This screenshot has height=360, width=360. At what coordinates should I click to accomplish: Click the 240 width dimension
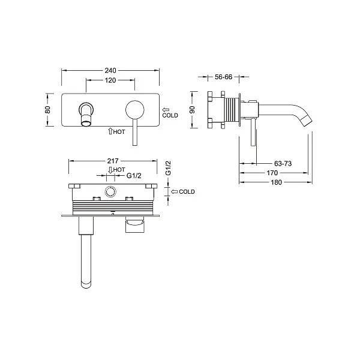[x=110, y=70]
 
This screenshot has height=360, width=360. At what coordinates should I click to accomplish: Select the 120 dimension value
[x=110, y=80]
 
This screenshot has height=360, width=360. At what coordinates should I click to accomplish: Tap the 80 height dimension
[x=48, y=110]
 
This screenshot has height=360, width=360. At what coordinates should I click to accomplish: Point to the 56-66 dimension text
[x=223, y=77]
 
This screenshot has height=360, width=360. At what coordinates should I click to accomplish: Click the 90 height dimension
[x=193, y=110]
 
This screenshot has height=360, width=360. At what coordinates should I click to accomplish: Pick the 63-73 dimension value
[x=283, y=163]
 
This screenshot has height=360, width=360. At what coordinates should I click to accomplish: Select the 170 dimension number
[x=272, y=173]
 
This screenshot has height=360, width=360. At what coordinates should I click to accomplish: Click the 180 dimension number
[x=276, y=182]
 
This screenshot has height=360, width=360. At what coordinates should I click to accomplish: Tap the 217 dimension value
[x=113, y=161]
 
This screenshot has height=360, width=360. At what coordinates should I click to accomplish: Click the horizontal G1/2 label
[x=134, y=176]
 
